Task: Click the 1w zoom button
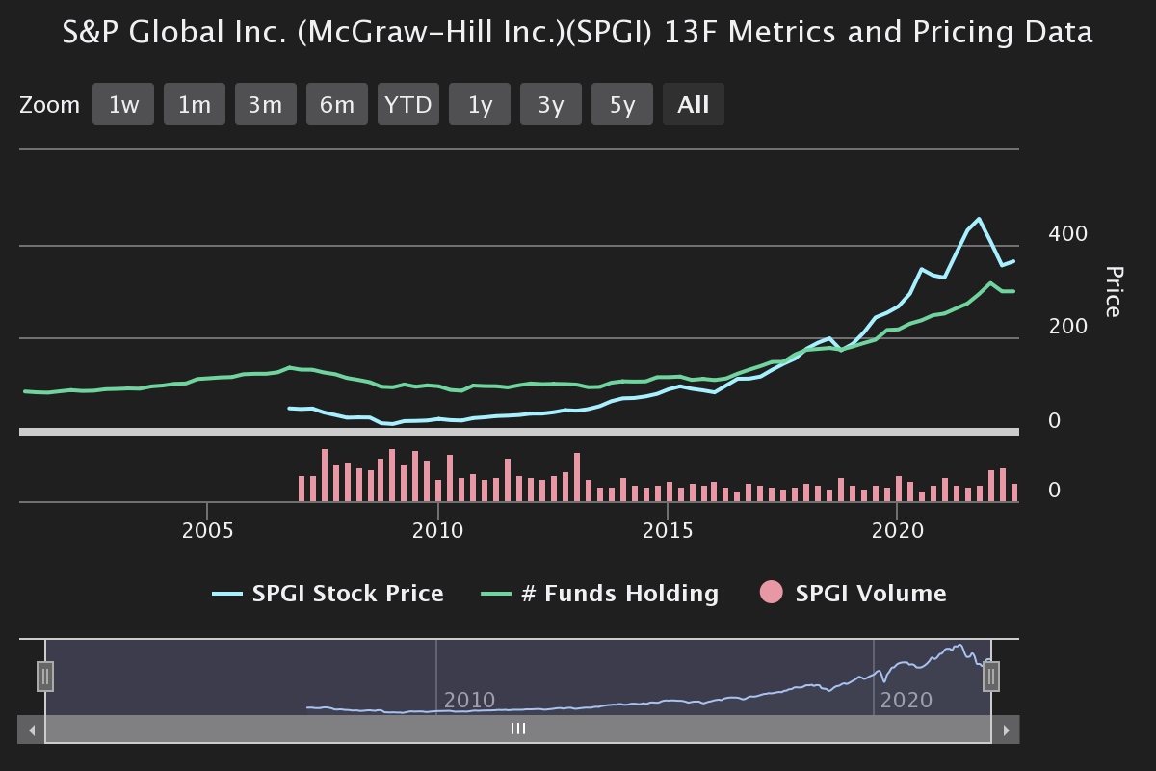[x=123, y=105]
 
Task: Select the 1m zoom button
[x=195, y=105]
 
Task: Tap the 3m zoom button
[x=266, y=105]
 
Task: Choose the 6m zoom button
[x=337, y=105]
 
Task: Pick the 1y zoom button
[x=480, y=105]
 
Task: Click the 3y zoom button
[x=551, y=105]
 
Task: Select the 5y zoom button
[x=622, y=105]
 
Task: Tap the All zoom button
[x=694, y=105]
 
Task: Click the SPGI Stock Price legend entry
[x=328, y=594]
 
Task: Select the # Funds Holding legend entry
[x=600, y=594]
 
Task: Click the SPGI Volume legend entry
[x=854, y=594]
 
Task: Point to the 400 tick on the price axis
[x=1067, y=234]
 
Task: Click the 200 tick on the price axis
[x=1067, y=327]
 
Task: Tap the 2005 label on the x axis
[x=207, y=531]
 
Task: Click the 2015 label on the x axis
[x=668, y=531]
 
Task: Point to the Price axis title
[x=1113, y=291]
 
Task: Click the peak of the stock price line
[x=979, y=219]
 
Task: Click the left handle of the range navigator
[x=45, y=677]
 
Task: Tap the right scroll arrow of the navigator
[x=1006, y=730]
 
